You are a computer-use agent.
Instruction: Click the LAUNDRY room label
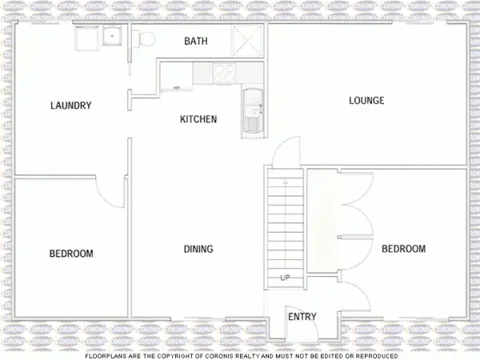pyautogui.click(x=70, y=106)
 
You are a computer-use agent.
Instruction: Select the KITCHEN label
pyautogui.click(x=198, y=119)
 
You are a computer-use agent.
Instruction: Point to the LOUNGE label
pyautogui.click(x=366, y=101)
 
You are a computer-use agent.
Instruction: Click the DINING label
pyautogui.click(x=198, y=250)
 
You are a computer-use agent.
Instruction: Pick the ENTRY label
pyautogui.click(x=302, y=317)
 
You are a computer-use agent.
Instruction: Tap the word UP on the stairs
pyautogui.click(x=285, y=278)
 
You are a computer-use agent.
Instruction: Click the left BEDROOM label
pyautogui.click(x=71, y=254)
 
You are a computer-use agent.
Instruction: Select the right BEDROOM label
pyautogui.click(x=403, y=250)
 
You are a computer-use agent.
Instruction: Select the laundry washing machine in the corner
pyautogui.click(x=86, y=38)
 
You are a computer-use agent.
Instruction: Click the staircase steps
pyautogui.click(x=285, y=224)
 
